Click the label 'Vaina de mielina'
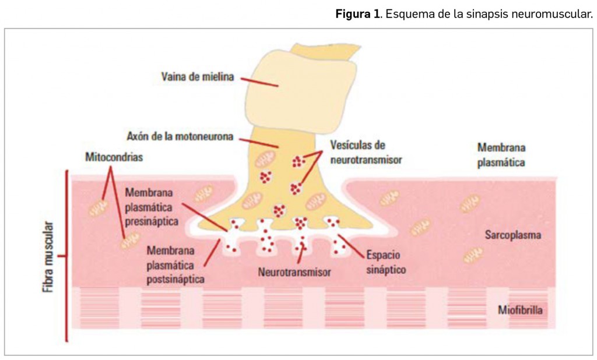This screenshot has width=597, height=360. point(198,76)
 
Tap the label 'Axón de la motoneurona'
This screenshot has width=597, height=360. point(180,137)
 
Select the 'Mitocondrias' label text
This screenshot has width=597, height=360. point(114,157)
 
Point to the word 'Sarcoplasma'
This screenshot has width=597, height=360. point(514,235)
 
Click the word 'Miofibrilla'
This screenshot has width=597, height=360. point(520,310)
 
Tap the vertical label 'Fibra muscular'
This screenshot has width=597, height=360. point(51,256)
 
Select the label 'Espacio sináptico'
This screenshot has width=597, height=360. point(385,262)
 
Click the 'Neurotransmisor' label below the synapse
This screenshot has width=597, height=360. point(294,272)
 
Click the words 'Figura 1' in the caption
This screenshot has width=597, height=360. point(357,14)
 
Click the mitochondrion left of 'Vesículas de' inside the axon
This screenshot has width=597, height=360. point(266,159)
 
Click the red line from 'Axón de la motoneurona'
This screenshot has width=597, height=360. point(257,142)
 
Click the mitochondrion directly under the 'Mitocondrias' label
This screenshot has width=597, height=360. point(99,207)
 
